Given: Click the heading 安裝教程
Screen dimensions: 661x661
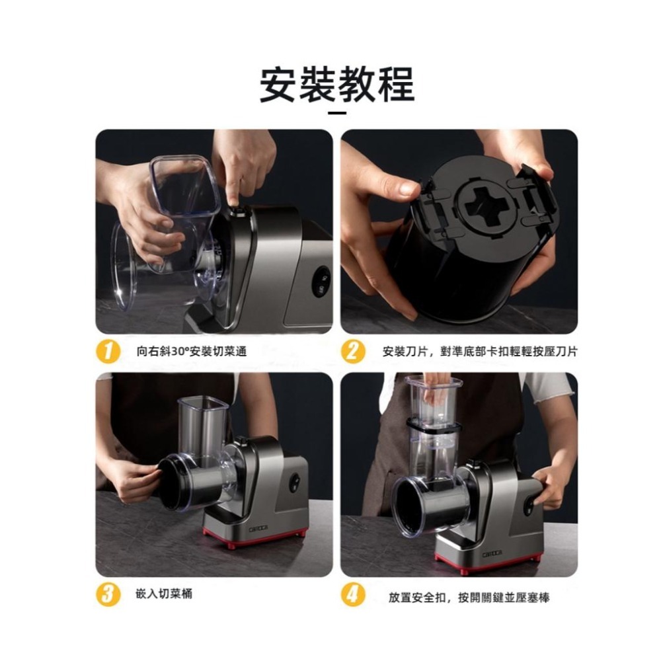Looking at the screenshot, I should tap(336, 85).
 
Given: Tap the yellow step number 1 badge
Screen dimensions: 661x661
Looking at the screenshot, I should tap(108, 351).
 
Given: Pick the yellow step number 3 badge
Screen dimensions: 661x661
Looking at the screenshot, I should tap(108, 594).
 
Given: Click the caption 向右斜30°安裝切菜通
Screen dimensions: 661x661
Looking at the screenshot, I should tap(192, 352).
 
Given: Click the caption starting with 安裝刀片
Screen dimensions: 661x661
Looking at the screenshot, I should tap(480, 352).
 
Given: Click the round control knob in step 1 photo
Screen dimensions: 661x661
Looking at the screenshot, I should tap(321, 282).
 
